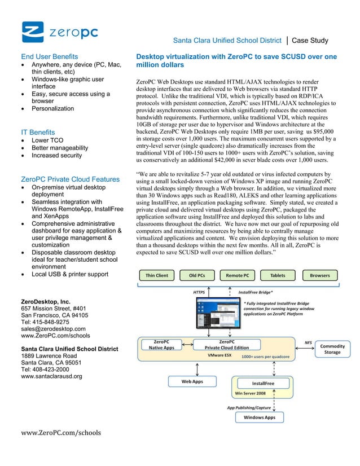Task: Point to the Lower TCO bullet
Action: click(47, 140)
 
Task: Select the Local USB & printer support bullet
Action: click(70, 274)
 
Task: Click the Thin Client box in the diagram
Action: click(157, 275)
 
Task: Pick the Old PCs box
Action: click(197, 275)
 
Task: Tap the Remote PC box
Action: click(238, 275)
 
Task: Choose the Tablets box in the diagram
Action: click(278, 275)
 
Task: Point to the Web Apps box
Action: click(192, 381)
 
